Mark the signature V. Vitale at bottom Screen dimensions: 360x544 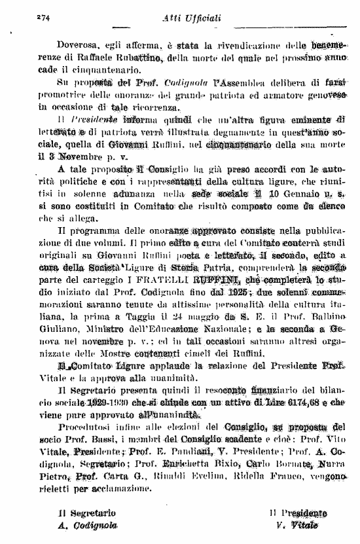click(295, 525)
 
